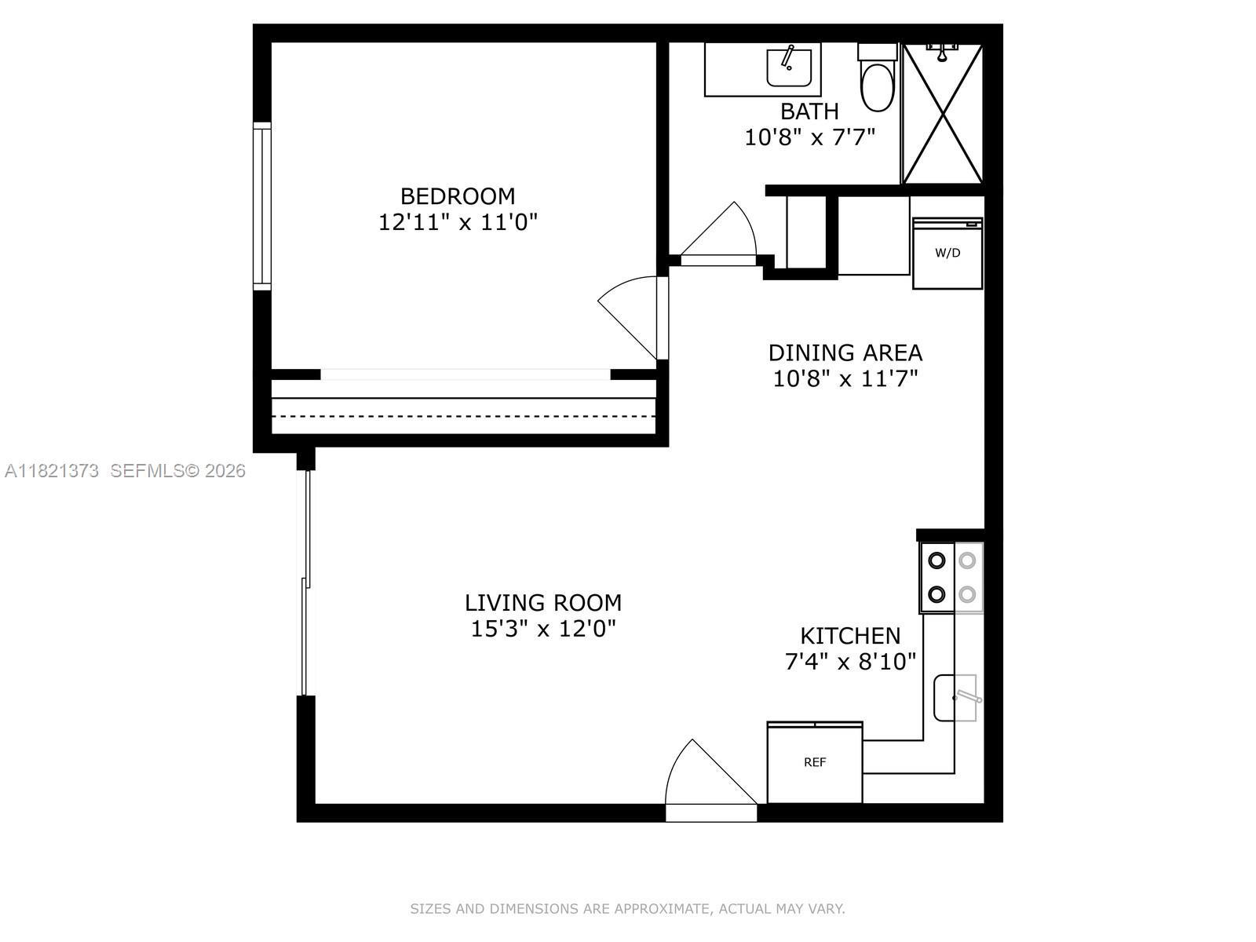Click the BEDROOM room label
coord(458,195)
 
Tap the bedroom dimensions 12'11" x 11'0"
coord(458,222)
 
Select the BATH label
coord(809,111)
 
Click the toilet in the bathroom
coord(877,82)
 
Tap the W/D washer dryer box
coord(947,253)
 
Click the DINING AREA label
coord(845,352)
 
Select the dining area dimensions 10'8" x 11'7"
coord(845,379)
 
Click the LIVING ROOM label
coord(543,603)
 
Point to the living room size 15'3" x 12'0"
coord(543,629)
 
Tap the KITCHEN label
coord(850,635)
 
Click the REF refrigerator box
coord(815,762)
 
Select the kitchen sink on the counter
coord(955,697)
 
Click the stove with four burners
coord(951,578)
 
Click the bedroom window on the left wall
coord(262,206)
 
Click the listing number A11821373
coord(52,471)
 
